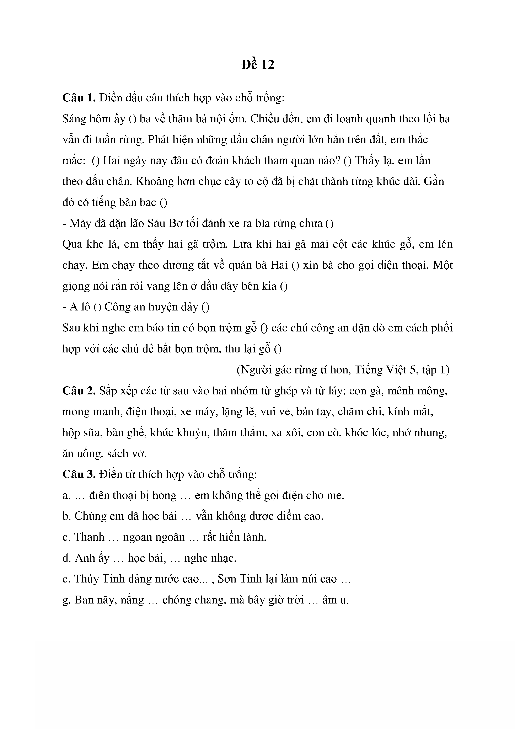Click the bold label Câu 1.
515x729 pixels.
[79, 98]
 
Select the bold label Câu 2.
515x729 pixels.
[79, 390]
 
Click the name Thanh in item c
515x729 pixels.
[89, 537]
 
